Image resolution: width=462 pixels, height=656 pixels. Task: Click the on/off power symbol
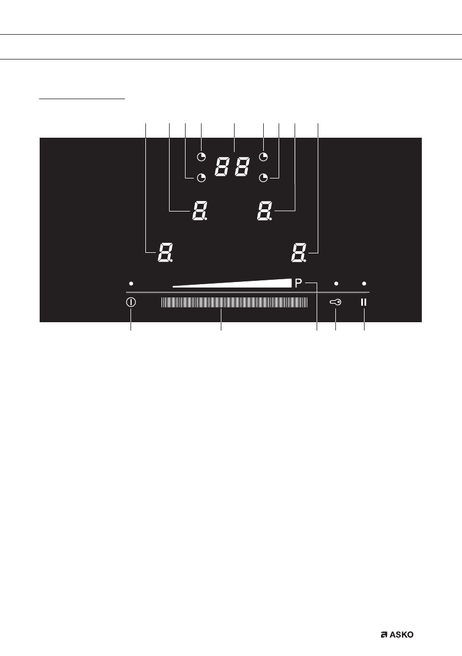tap(131, 302)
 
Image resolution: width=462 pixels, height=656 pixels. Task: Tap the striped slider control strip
tap(235, 302)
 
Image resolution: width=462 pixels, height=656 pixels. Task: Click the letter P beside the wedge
tap(298, 283)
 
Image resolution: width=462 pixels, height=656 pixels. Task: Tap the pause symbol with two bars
tap(364, 302)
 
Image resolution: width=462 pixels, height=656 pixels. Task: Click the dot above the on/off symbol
tap(131, 283)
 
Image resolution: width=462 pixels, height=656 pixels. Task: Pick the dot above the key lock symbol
tap(336, 283)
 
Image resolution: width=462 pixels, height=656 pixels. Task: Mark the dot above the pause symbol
tap(364, 283)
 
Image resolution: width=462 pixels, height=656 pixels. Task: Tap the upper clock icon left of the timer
tap(202, 156)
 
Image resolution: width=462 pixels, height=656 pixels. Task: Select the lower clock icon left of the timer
tap(202, 177)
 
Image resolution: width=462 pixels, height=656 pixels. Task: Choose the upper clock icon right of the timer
tap(264, 156)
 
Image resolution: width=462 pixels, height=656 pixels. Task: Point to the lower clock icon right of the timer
tap(264, 177)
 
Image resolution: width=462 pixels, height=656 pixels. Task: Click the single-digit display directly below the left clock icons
tap(198, 211)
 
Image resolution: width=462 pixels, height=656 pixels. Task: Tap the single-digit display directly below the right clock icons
tap(264, 211)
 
